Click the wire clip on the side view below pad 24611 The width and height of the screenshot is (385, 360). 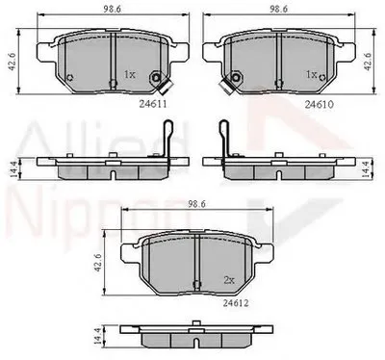(x=169, y=135)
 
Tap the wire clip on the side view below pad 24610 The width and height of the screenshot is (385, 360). (x=224, y=135)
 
